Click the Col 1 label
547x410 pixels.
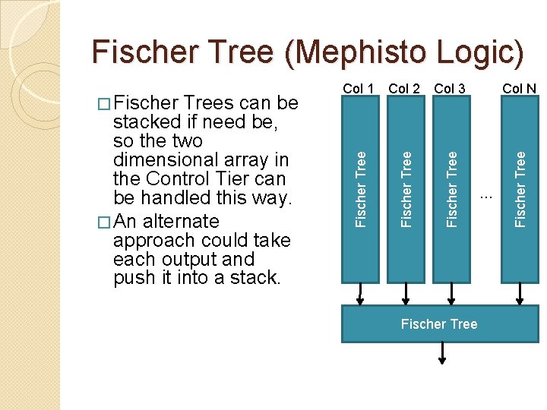click(x=359, y=89)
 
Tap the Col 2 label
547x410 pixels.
click(x=404, y=89)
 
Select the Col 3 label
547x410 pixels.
click(x=450, y=89)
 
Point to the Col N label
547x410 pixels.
click(x=520, y=89)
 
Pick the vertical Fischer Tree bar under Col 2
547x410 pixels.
click(x=406, y=190)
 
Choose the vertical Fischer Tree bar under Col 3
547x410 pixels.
click(x=453, y=190)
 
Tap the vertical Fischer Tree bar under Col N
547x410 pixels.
click(x=520, y=190)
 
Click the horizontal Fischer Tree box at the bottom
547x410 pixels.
click(x=439, y=324)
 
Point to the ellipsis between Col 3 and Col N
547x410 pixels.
click(x=487, y=198)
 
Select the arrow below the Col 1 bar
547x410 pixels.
click(x=360, y=295)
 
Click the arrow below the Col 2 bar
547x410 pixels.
click(x=406, y=295)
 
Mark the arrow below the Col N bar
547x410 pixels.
click(x=520, y=295)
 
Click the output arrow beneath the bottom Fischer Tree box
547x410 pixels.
click(x=442, y=353)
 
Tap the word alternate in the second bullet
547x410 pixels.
click(x=181, y=221)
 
